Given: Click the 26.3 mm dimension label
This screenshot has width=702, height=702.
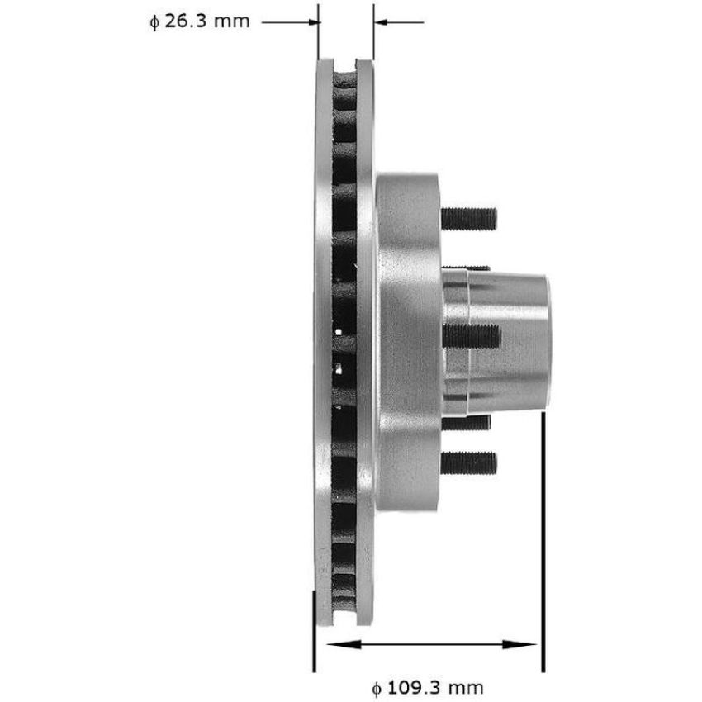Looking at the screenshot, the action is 199,21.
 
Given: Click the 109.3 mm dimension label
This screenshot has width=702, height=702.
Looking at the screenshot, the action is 428,687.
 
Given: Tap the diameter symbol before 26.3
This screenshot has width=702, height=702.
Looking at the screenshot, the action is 154,22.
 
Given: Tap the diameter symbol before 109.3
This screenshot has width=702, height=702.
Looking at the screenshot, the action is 377,688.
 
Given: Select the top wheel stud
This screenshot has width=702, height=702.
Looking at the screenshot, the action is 469,219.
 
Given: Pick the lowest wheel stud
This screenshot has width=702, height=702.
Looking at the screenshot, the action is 468,463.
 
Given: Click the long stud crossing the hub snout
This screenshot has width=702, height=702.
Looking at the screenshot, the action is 471,336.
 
